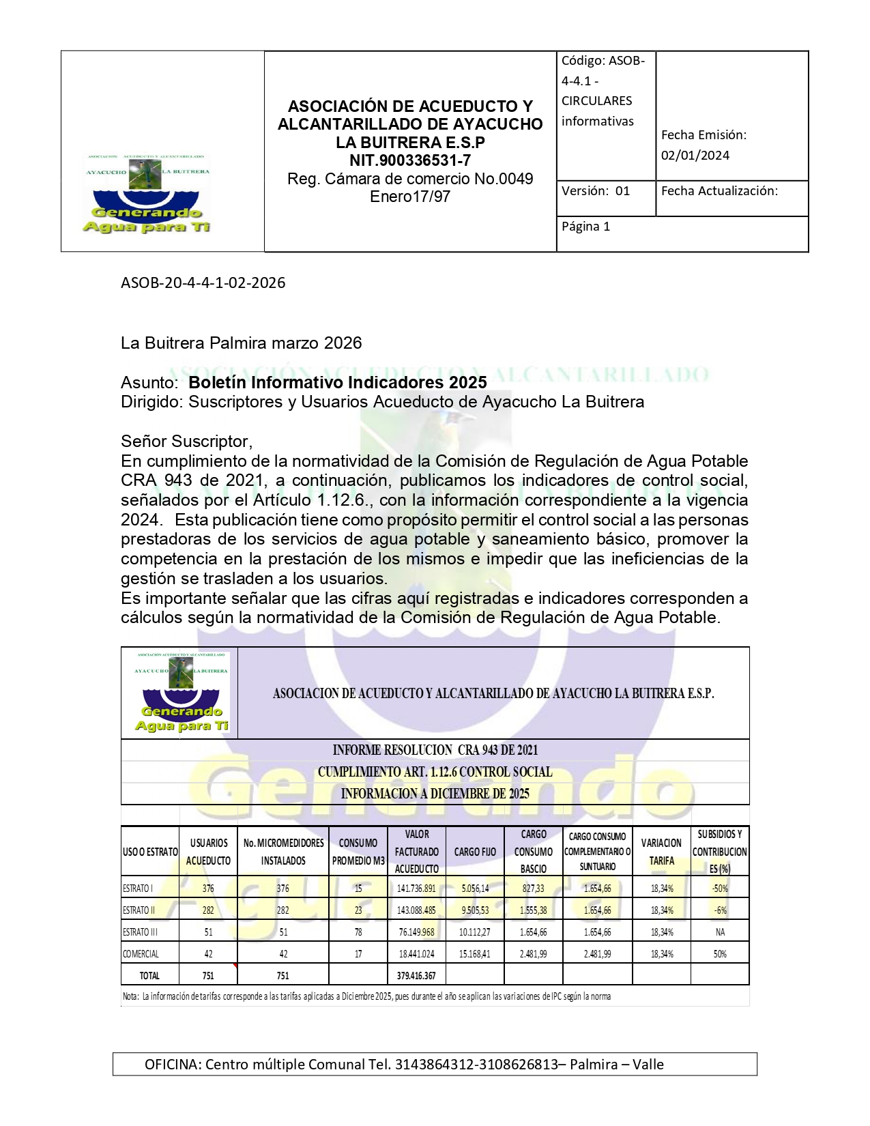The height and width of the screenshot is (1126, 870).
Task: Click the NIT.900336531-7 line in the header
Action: tap(410, 161)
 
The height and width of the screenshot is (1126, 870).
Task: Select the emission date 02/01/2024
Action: tap(695, 156)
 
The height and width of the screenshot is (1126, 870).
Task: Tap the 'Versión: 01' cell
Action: tap(596, 191)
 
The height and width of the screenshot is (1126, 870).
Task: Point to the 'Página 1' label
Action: tap(585, 227)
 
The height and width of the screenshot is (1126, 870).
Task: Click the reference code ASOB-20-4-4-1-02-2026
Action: tap(203, 283)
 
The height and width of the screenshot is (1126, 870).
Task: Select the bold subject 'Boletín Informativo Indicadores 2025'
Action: tap(337, 382)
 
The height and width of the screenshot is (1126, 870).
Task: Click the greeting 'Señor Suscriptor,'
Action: tap(186, 441)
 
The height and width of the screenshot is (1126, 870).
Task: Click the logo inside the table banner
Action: tap(181, 692)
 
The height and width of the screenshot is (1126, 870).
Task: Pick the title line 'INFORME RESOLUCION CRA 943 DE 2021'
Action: tap(435, 750)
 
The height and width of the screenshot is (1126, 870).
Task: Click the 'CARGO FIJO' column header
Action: tap(475, 852)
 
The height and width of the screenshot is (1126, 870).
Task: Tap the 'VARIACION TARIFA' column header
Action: tap(661, 852)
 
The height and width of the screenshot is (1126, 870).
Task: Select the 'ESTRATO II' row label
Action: tap(139, 910)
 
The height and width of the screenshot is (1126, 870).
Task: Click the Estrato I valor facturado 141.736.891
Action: tap(416, 889)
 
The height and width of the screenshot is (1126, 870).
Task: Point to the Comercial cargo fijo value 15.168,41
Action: tap(475, 954)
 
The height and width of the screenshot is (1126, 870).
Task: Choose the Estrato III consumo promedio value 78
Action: tap(358, 932)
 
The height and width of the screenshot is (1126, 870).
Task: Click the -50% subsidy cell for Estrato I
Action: tap(720, 889)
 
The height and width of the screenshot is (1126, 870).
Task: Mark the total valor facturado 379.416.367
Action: tap(416, 976)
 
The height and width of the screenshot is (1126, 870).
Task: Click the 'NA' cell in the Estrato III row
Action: tap(720, 932)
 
